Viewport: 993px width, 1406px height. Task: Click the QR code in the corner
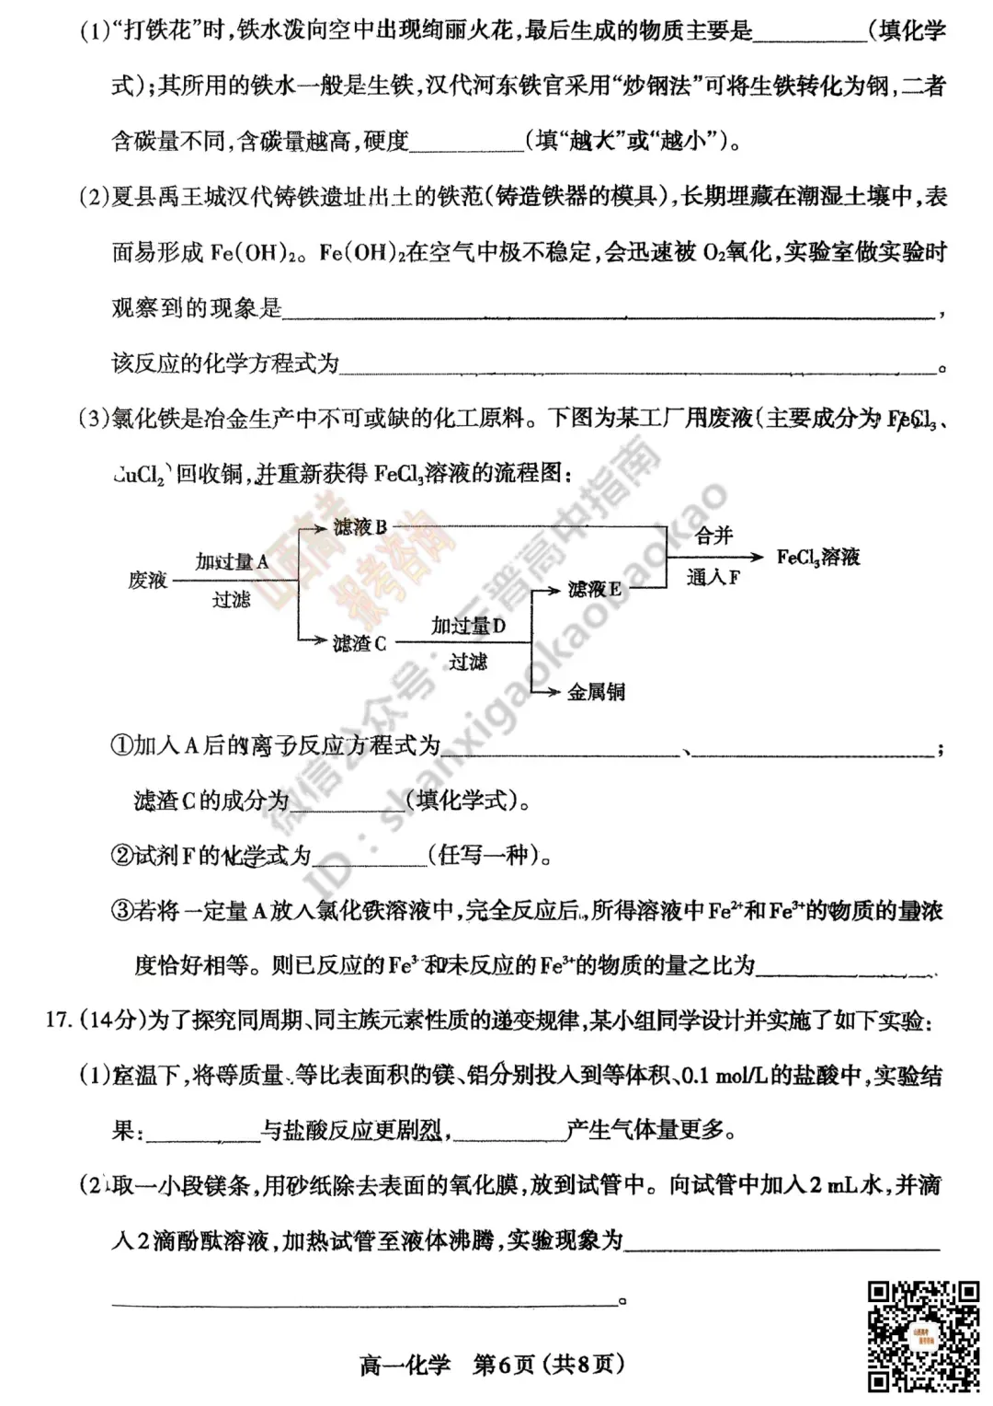[x=923, y=1335]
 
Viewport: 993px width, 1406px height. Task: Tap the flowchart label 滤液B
[x=360, y=527]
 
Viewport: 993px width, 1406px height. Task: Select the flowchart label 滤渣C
[x=360, y=643]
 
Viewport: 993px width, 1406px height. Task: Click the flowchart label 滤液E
[x=594, y=589]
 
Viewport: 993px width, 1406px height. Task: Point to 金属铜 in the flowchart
[x=596, y=692]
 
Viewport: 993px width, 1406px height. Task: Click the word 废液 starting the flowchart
[x=147, y=581]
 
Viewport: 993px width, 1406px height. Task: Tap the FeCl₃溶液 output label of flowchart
[x=817, y=557]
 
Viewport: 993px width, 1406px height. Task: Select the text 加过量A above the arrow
[x=232, y=561]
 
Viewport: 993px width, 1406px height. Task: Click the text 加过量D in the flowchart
[x=468, y=627]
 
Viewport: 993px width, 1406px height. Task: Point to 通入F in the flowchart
[x=713, y=578]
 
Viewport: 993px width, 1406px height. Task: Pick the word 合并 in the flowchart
[x=713, y=536]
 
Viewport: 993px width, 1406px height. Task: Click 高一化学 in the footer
[x=405, y=1364]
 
